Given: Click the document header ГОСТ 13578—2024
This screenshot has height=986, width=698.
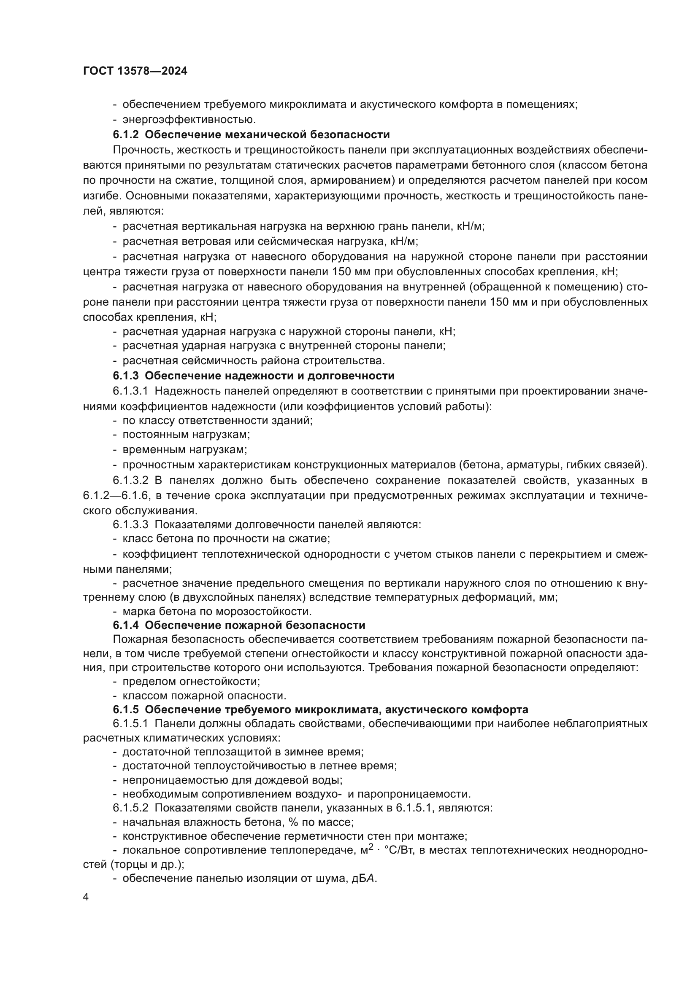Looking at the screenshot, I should click(135, 71).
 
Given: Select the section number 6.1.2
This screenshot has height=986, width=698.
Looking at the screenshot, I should click(126, 135).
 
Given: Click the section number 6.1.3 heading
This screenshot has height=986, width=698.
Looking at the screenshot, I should click(126, 376).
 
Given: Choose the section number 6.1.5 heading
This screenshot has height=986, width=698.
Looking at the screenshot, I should click(126, 709).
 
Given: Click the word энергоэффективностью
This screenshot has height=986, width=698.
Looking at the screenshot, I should click(189, 119).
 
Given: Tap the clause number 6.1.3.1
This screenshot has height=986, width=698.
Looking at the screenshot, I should click(131, 391).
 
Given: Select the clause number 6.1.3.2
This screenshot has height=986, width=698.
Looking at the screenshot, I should click(131, 480).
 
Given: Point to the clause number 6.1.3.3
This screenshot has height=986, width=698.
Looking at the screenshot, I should click(131, 524).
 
